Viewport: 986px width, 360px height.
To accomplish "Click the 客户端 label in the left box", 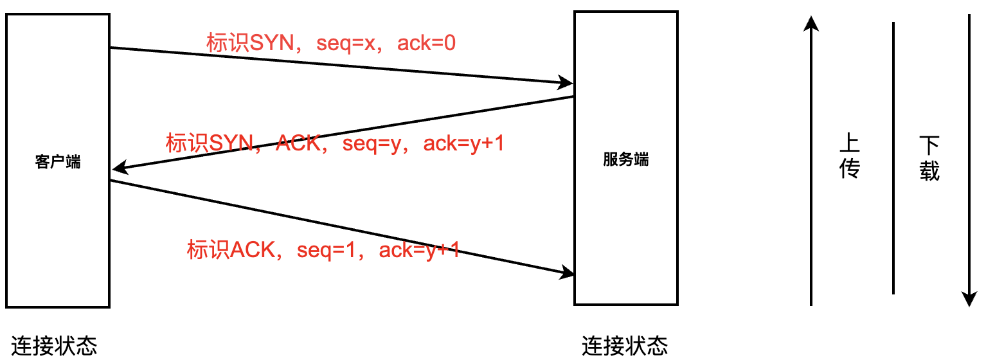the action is pyautogui.click(x=58, y=161).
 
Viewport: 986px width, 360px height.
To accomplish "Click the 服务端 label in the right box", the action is pyautogui.click(x=625, y=159).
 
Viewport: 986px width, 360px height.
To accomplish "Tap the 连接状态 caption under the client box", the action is pyautogui.click(x=54, y=346).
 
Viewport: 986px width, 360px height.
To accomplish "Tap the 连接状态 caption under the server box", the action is pyautogui.click(x=625, y=346).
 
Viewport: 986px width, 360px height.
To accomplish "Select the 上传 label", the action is pyautogui.click(x=850, y=156).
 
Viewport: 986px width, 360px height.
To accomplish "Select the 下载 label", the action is pyautogui.click(x=929, y=157).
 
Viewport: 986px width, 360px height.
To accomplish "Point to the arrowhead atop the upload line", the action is pyautogui.click(x=812, y=24).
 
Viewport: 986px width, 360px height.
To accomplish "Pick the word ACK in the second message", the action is pyautogui.click(x=298, y=143).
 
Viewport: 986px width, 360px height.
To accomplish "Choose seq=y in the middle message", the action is pyautogui.click(x=372, y=143).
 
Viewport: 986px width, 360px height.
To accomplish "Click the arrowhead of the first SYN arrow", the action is pyautogui.click(x=566, y=82).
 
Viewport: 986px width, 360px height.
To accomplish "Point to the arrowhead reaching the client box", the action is pyautogui.click(x=118, y=169).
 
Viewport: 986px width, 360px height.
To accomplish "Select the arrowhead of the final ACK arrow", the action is pyautogui.click(x=566, y=273).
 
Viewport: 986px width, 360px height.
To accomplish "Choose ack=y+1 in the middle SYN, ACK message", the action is pyautogui.click(x=463, y=143).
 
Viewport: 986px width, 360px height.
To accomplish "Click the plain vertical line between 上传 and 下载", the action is pyautogui.click(x=893, y=157).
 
